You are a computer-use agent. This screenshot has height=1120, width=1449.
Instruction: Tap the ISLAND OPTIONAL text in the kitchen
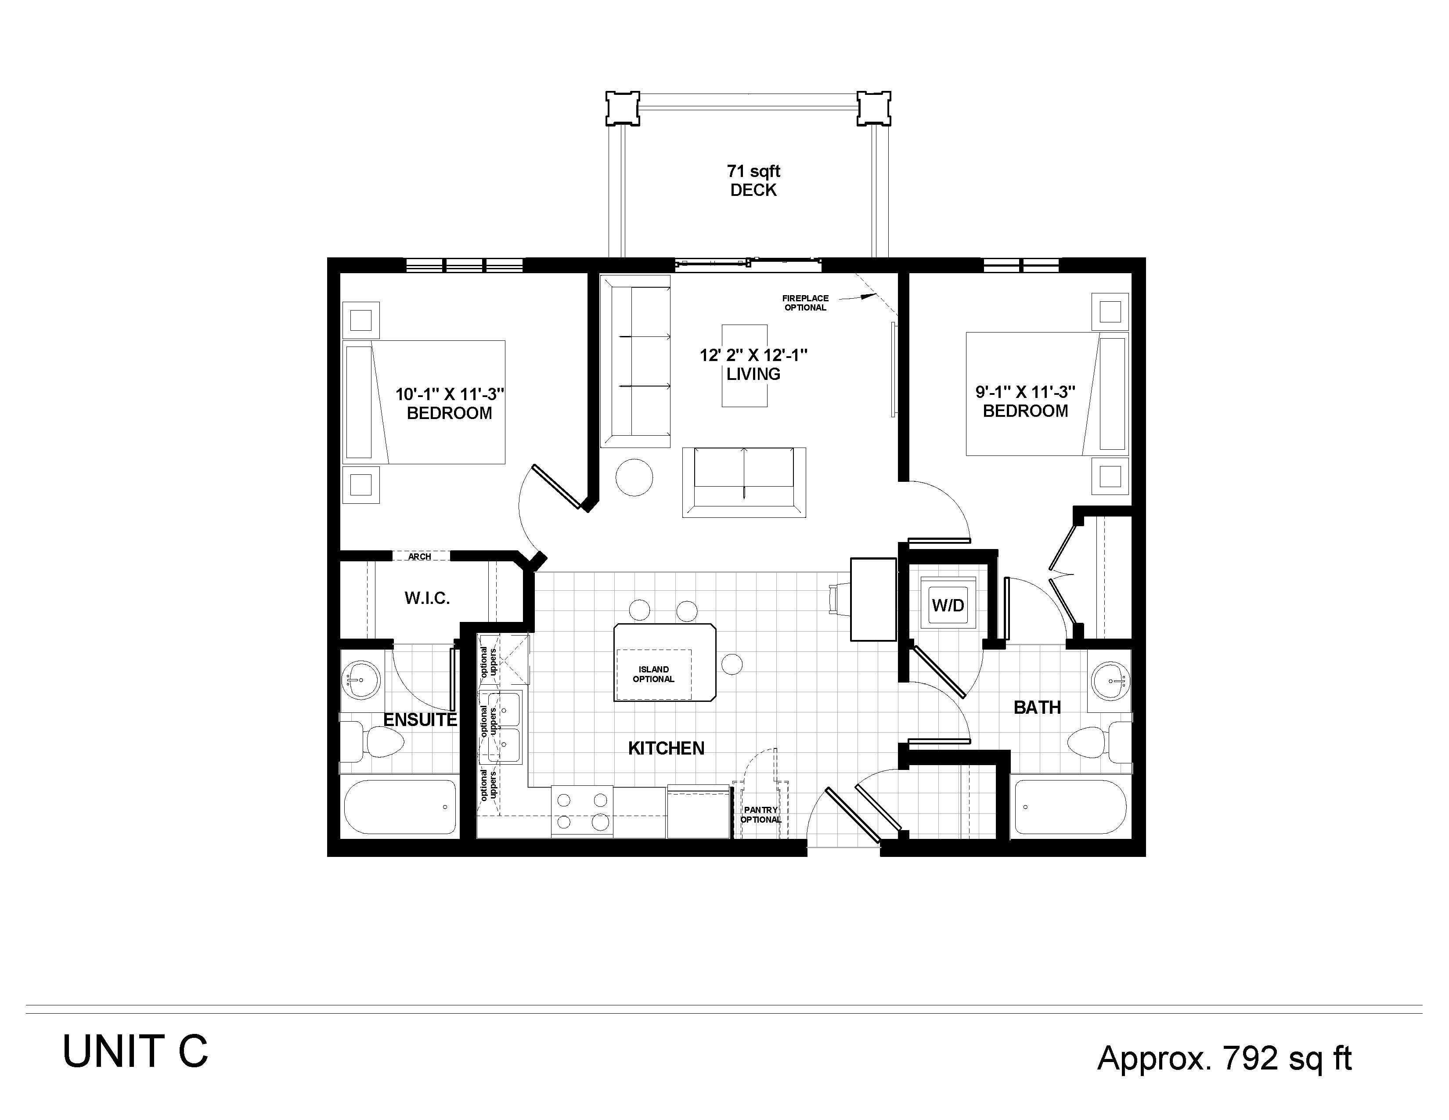[653, 674]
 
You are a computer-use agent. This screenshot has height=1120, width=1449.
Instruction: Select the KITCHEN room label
[666, 748]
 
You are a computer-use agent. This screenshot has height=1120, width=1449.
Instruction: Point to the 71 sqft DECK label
[753, 181]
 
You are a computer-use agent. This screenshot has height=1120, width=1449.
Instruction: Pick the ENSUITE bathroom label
[420, 720]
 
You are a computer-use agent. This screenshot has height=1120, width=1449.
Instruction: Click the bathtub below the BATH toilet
[1070, 807]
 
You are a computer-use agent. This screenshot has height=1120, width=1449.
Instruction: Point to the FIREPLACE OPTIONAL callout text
[805, 303]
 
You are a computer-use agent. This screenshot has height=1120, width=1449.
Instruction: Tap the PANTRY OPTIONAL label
[761, 815]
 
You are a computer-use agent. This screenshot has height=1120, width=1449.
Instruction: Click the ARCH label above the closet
[419, 556]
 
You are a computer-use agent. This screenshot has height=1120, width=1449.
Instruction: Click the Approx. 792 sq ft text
[1224, 1059]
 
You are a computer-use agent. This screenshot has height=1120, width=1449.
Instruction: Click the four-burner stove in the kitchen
[582, 812]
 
